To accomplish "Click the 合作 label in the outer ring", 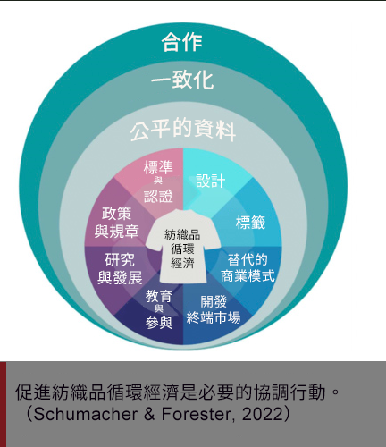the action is (182, 42).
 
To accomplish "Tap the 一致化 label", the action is (182, 80).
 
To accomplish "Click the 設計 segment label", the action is (211, 181).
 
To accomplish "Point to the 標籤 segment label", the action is (250, 223).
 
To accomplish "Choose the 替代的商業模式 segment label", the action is (248, 268).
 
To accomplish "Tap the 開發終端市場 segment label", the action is (214, 309).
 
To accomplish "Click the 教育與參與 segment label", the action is (159, 310).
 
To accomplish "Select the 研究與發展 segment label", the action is (120, 269).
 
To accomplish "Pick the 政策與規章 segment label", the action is (117, 223).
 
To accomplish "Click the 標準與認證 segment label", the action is (158, 181).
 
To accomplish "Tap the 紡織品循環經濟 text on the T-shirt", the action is (182, 249).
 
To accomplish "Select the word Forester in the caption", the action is (197, 414).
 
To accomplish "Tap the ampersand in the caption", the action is (149, 414).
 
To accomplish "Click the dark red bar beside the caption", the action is (3, 404).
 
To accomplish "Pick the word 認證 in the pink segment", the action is (158, 197).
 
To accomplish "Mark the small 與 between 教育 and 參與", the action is (159, 308).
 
